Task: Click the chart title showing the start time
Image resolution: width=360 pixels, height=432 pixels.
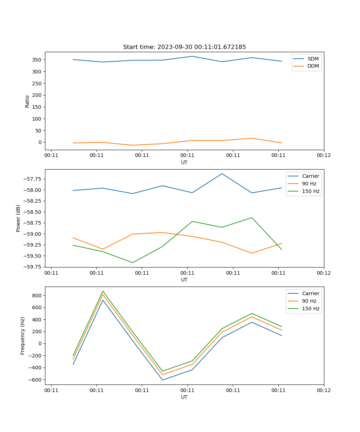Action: point(184,47)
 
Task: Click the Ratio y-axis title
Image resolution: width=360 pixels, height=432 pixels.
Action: point(27,101)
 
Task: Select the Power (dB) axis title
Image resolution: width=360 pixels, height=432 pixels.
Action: point(18,218)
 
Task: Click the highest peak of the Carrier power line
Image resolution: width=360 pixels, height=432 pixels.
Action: point(222,174)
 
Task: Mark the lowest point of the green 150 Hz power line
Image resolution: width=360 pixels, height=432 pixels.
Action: point(132,262)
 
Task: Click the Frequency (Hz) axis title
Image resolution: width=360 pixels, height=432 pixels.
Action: point(23,336)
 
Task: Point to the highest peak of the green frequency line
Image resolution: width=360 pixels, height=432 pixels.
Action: point(103,291)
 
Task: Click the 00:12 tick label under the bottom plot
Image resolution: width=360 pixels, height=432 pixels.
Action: point(324,390)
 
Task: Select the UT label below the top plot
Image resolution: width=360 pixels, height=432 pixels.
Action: point(184,162)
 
